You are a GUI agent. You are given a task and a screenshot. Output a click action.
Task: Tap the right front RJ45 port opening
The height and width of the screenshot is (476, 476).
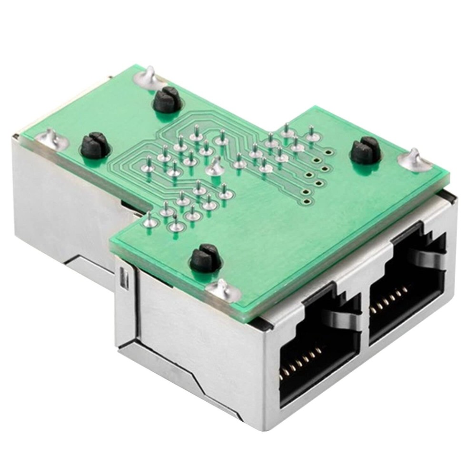407,290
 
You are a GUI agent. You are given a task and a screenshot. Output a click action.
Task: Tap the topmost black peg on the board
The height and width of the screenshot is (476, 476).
167,99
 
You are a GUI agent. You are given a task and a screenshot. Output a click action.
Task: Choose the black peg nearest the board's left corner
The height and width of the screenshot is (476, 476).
93,145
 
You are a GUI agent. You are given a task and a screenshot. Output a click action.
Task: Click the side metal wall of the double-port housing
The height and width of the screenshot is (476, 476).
190,343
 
